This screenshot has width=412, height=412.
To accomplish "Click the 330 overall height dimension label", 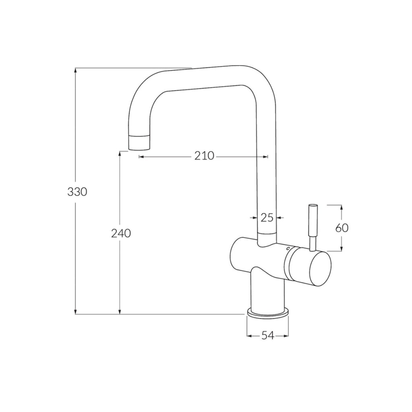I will [77, 192].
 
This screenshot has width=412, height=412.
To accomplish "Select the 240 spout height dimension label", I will [121, 233].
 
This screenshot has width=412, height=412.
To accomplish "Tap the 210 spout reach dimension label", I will [204, 156].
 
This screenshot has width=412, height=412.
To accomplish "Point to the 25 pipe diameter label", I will [267, 218].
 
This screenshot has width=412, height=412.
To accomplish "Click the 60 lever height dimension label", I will [342, 228].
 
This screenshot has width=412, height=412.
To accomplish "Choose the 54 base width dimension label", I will [268, 336].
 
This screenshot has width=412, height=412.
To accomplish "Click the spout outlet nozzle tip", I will [138, 142].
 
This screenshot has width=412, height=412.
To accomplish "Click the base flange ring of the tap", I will [268, 313].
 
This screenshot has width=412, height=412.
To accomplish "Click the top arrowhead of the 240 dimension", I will [119, 154].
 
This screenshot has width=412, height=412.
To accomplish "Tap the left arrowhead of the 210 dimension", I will [141, 157].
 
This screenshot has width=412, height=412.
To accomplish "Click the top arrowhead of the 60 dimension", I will [342, 207].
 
